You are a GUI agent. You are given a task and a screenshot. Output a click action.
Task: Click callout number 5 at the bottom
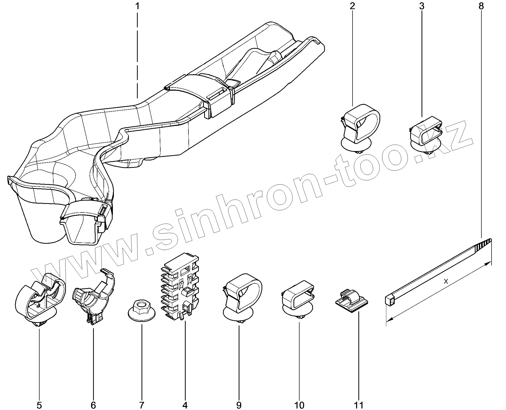point(39,405)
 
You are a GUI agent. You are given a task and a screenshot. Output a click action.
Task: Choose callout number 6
point(93,405)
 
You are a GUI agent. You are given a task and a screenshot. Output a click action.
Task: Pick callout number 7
point(142,405)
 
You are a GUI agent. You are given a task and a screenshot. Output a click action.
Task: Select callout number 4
point(185,405)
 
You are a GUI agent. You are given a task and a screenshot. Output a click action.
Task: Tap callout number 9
point(239,405)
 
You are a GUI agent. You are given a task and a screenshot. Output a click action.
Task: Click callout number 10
point(299,405)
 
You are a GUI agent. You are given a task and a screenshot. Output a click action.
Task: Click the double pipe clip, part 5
point(39,300)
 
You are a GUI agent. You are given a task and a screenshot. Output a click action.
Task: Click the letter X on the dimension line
point(446,281)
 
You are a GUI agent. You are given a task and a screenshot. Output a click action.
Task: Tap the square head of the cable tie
point(389,300)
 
